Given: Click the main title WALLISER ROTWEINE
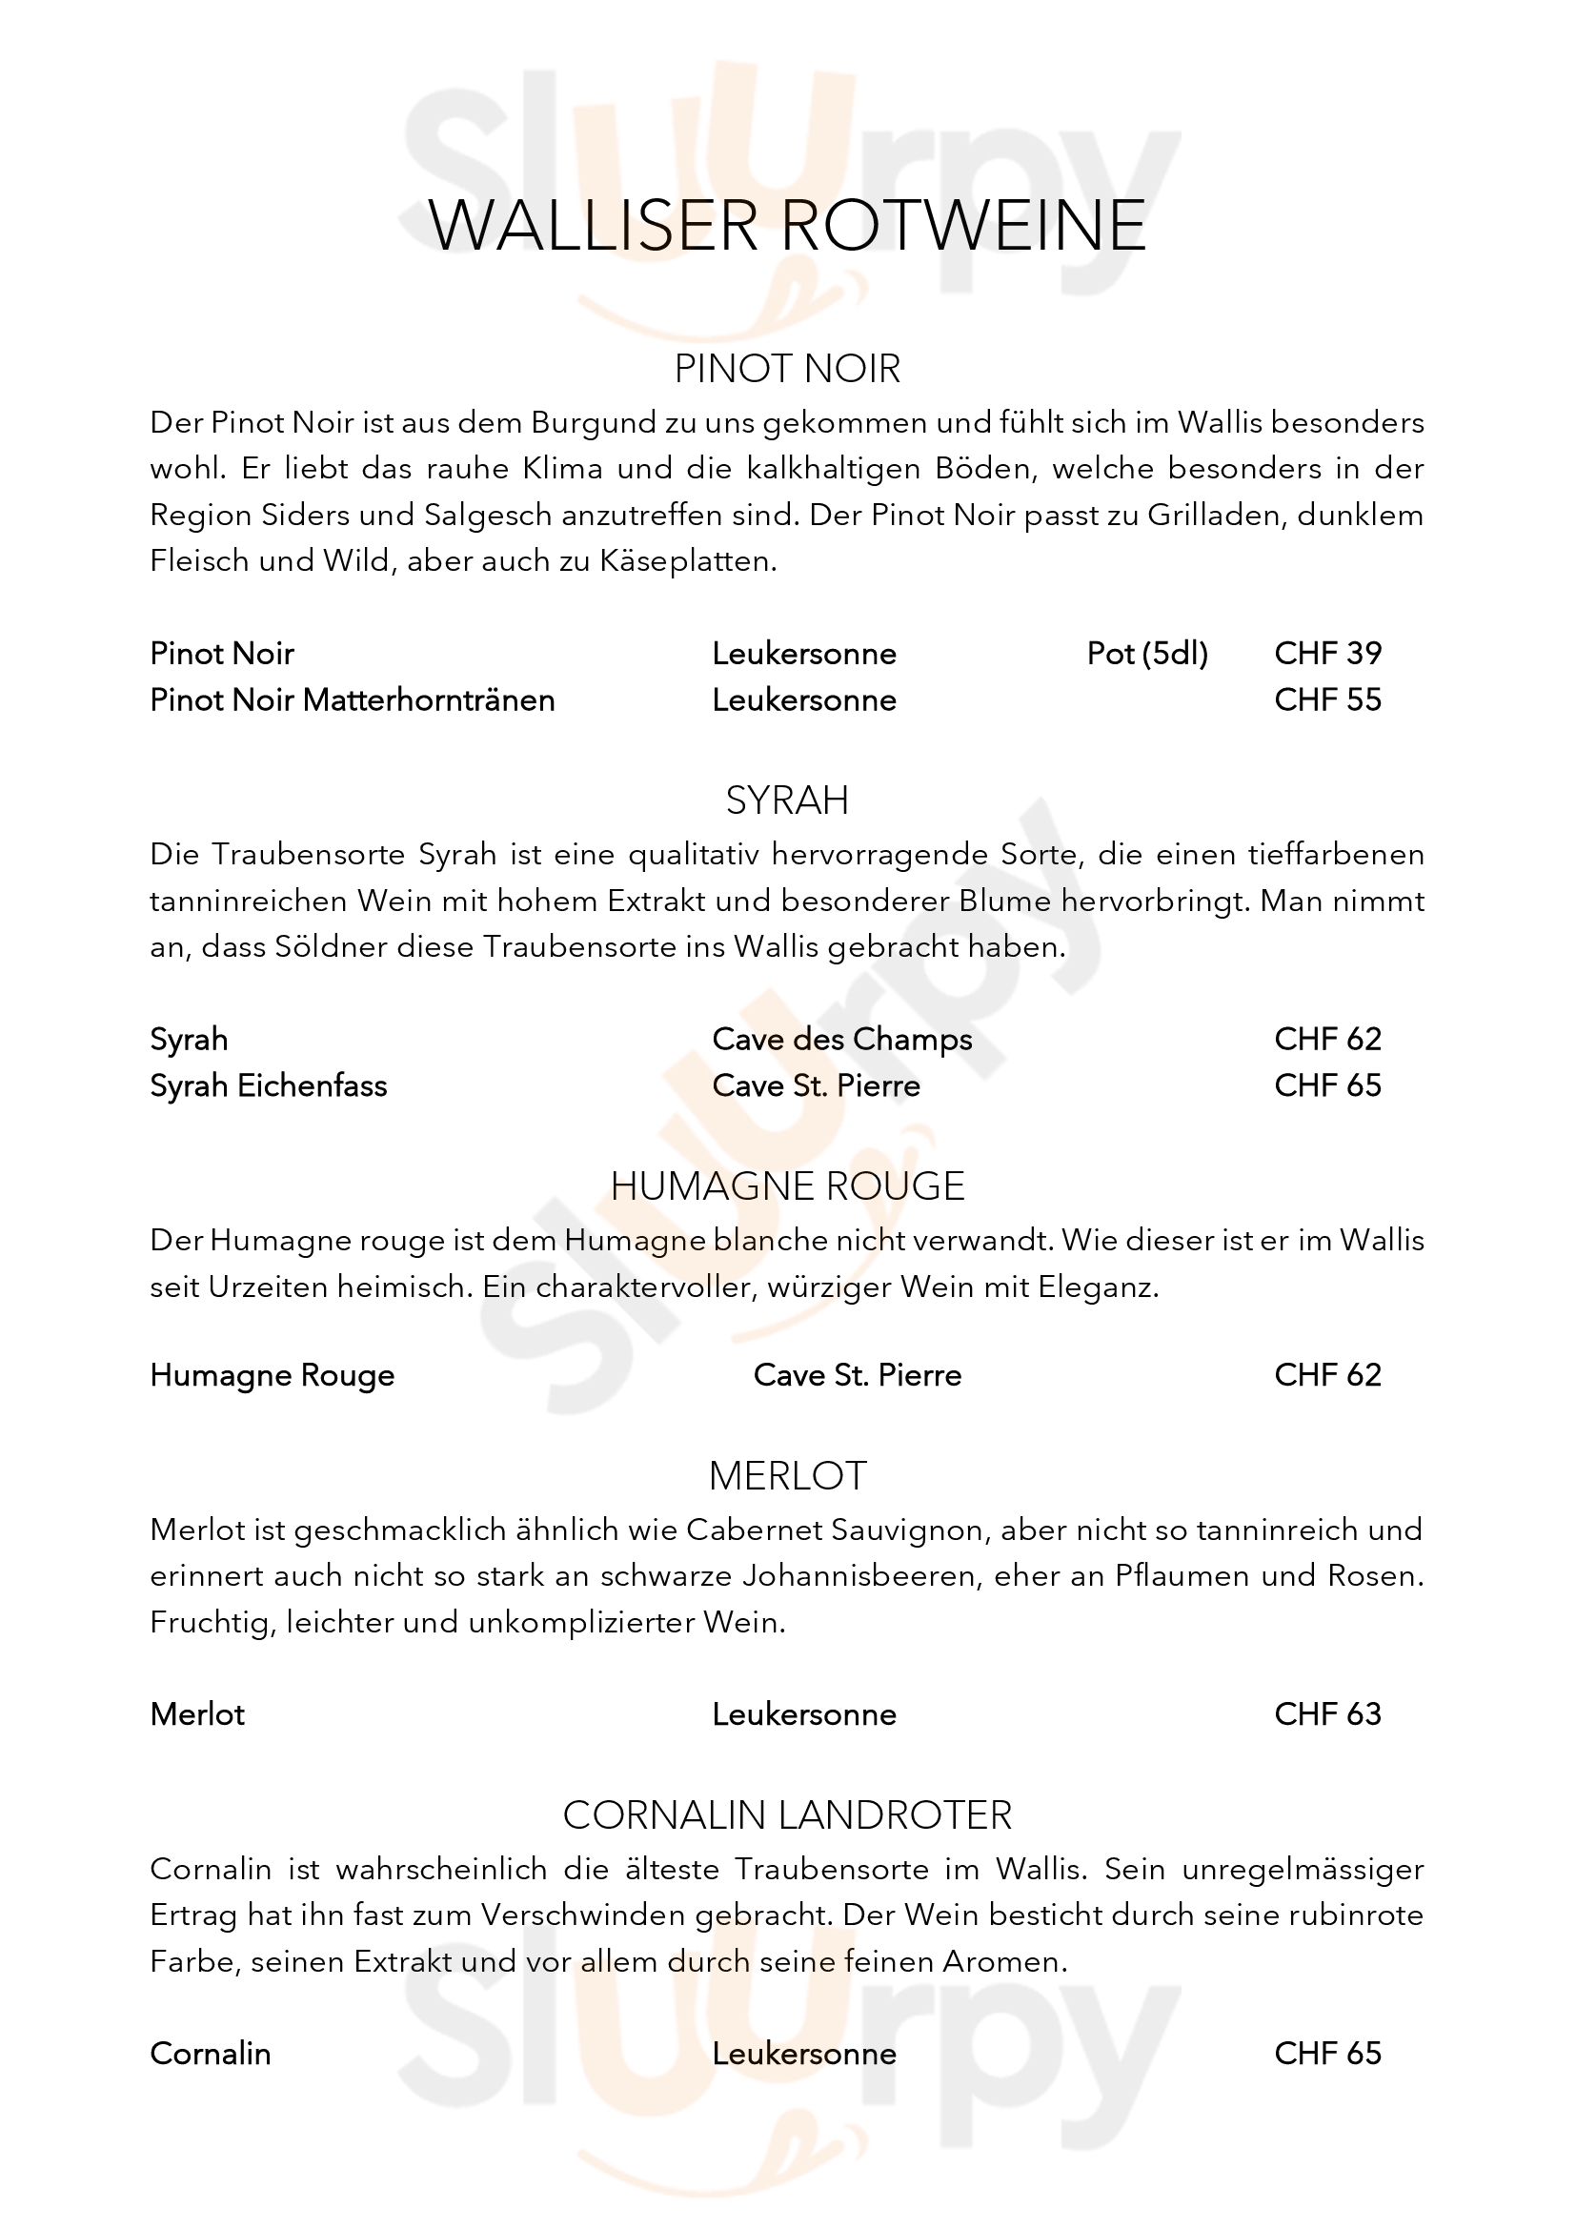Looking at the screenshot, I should tap(787, 226).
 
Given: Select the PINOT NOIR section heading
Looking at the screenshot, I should tap(787, 369).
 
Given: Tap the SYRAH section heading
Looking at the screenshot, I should tap(787, 800).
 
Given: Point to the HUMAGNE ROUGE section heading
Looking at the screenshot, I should tap(787, 1186).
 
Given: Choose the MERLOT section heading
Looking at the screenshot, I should tap(787, 1475).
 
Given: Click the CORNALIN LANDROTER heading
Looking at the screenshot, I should tap(787, 1815).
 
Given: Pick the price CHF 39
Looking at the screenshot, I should tap(1326, 654).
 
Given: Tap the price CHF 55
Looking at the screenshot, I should tap(1326, 700).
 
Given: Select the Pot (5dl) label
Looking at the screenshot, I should tap(1147, 654).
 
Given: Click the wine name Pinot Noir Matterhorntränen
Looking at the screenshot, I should tap(353, 700).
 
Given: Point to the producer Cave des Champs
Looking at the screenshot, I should tap(841, 1039).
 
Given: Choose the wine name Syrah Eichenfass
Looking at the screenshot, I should tap(268, 1085).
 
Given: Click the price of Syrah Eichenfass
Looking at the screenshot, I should tap(1326, 1085).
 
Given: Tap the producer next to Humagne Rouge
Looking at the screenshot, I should tap(857, 1375).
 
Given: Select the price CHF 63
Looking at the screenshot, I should tap(1326, 1714).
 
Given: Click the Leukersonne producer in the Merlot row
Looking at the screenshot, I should tap(803, 1714).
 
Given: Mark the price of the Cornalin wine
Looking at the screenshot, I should tap(1326, 2055).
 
